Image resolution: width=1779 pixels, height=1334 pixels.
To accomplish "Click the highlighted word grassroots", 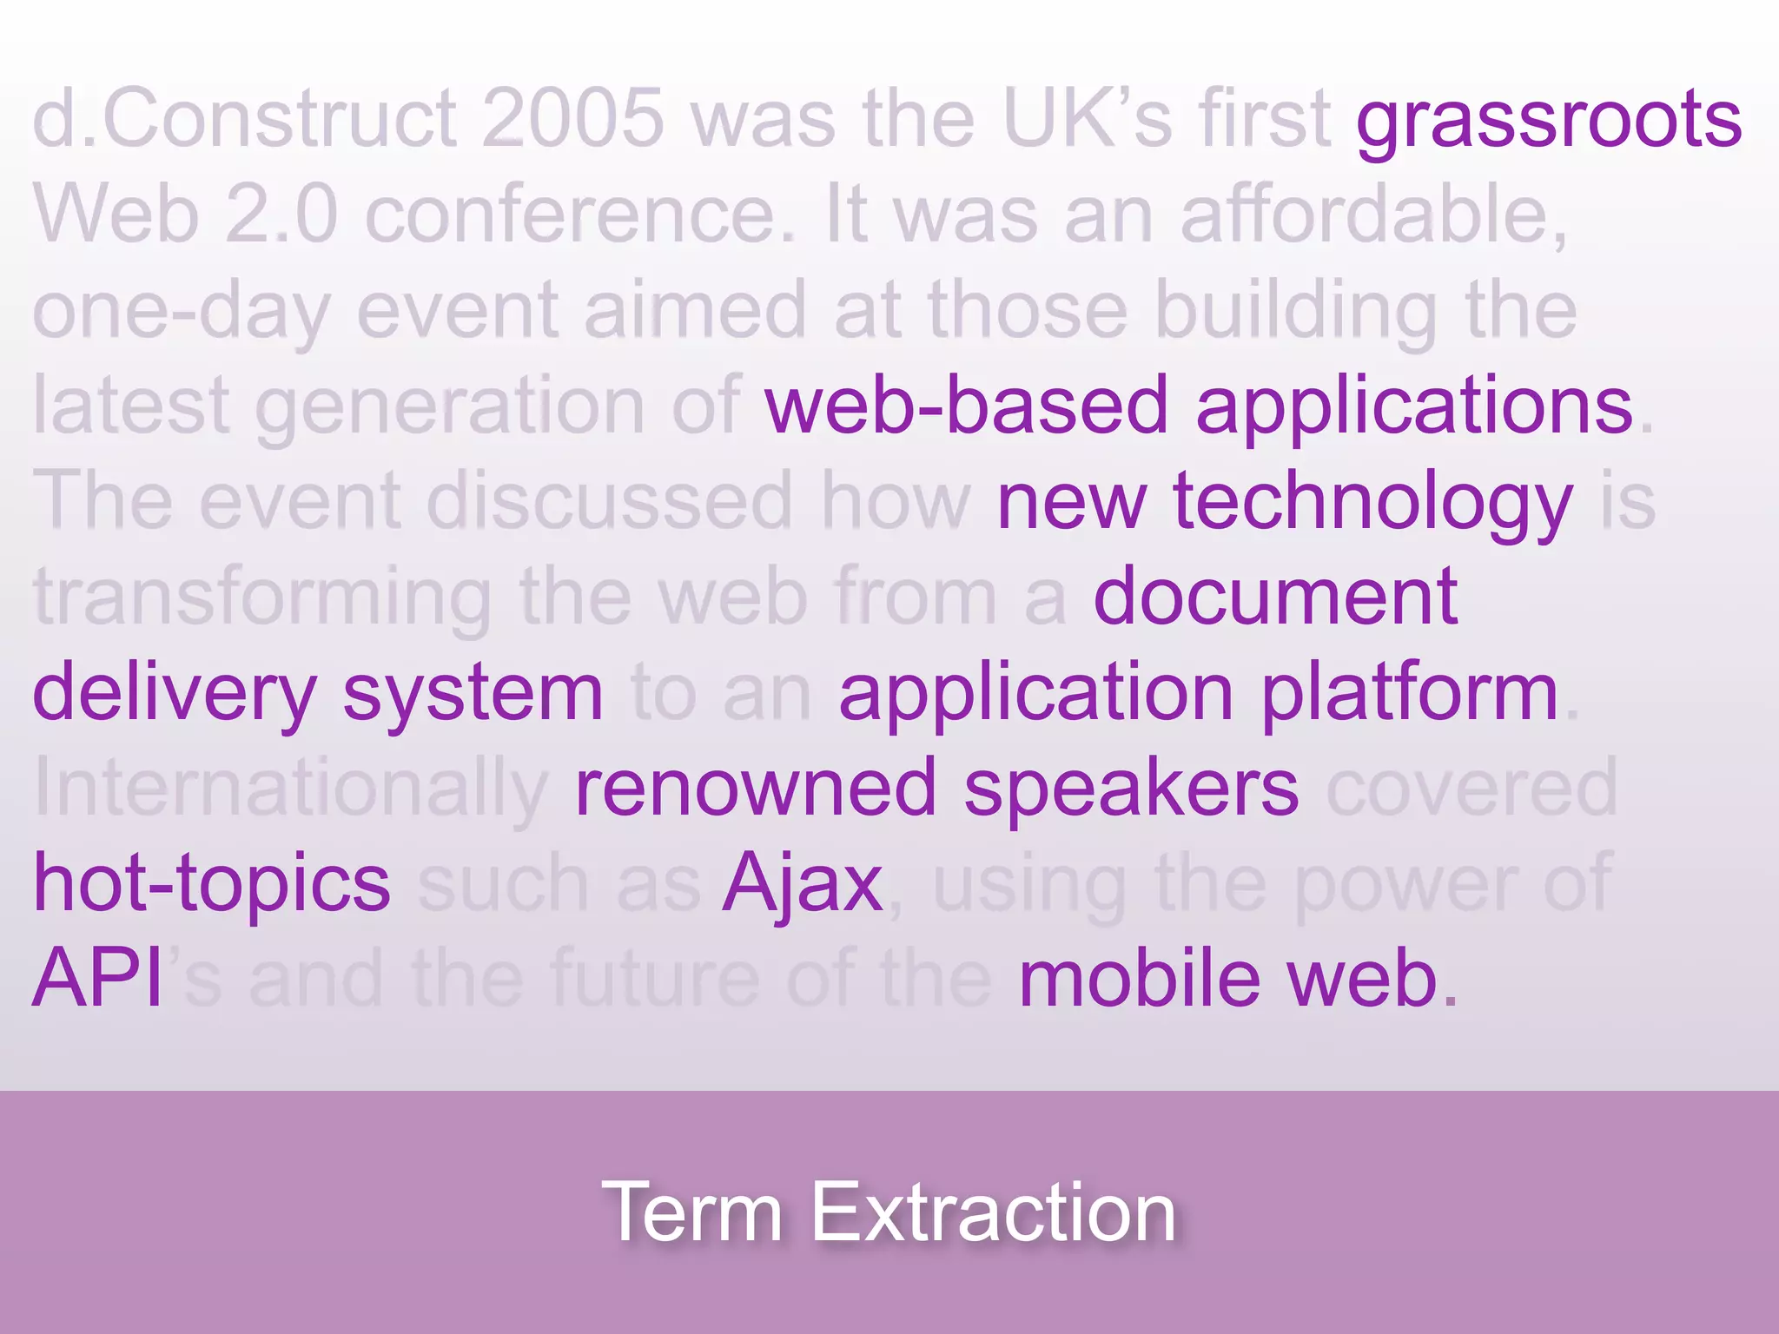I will click(x=1548, y=122).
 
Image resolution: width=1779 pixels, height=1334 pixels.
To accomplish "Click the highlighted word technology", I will click(x=1372, y=504).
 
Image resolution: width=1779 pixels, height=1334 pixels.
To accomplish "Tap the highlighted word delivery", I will click(x=175, y=695).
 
